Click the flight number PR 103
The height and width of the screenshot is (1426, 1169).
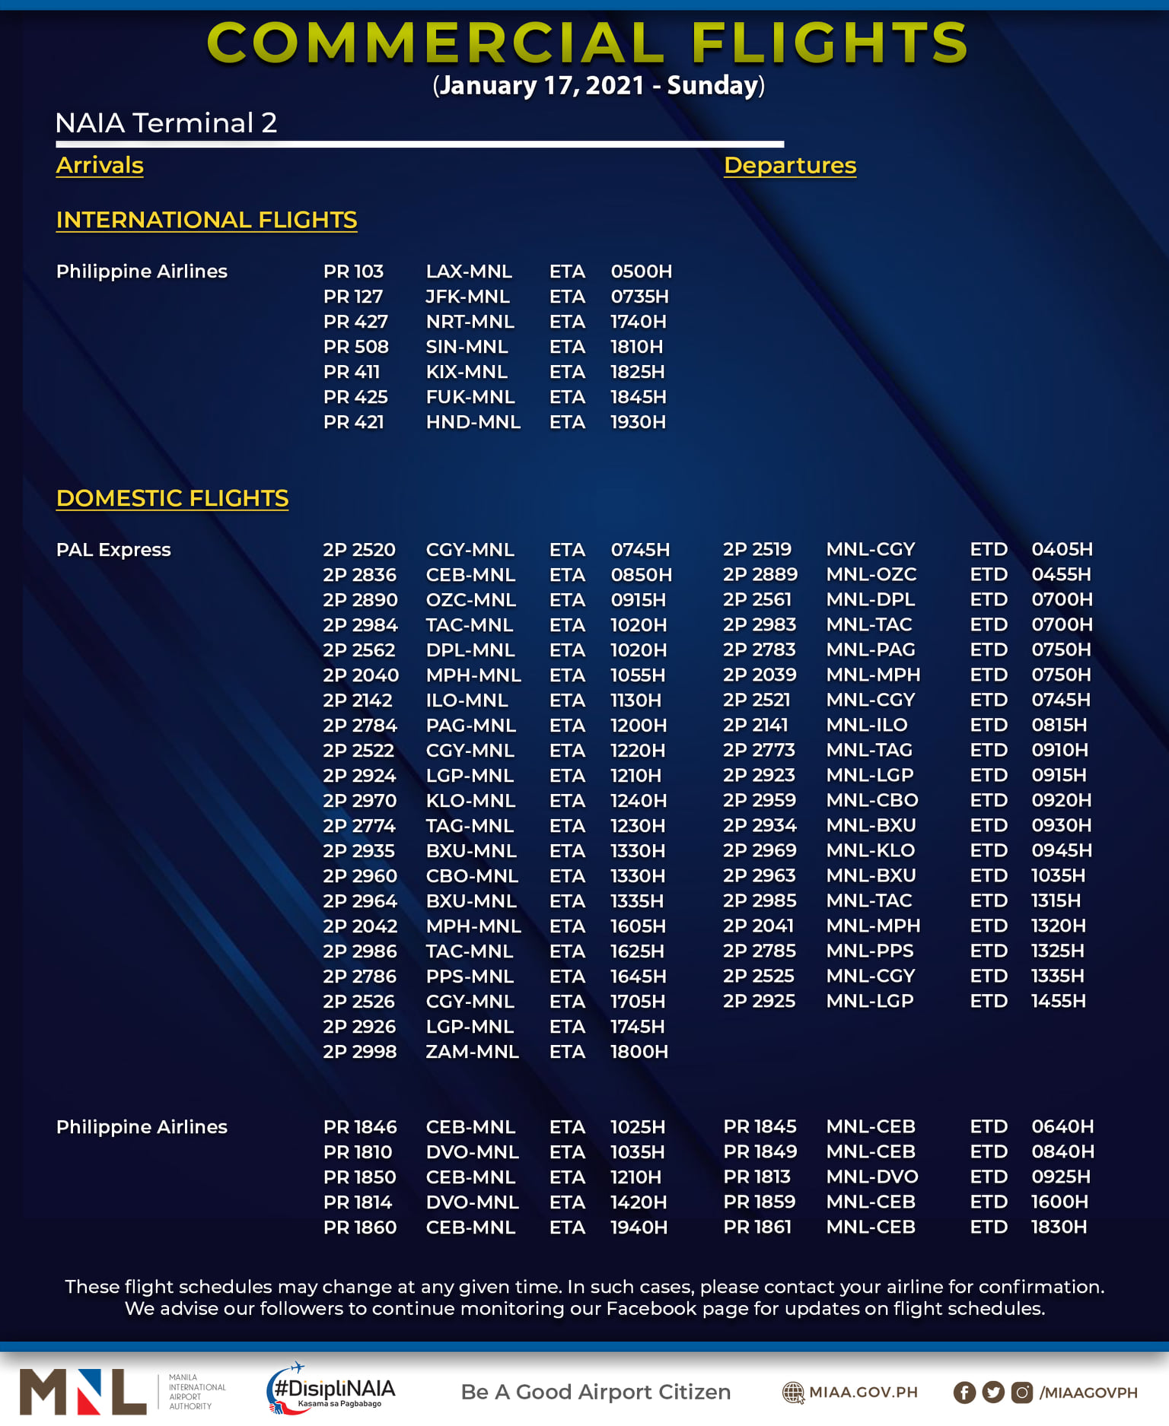pos(353,272)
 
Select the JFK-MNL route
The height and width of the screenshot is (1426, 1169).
pos(467,297)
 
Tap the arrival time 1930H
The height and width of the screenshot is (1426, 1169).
pos(638,422)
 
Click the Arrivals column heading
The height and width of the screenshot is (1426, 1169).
pos(100,166)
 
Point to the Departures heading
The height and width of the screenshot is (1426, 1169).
pos(790,166)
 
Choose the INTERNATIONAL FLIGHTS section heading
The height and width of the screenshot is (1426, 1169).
pos(206,220)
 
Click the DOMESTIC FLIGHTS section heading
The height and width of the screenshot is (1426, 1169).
pos(172,498)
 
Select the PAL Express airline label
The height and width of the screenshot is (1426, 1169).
pos(113,550)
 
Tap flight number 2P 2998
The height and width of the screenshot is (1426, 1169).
pos(359,1052)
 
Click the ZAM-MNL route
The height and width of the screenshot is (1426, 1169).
pos(472,1052)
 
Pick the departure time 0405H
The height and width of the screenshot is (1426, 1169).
pos(1062,549)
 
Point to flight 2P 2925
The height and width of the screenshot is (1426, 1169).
pos(759,1001)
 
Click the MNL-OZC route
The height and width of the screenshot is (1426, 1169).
pos(871,574)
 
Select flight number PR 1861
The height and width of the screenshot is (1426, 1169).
pos(757,1227)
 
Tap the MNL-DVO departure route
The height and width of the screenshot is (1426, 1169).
pos(872,1177)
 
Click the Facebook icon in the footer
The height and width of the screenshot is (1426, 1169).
pos(964,1393)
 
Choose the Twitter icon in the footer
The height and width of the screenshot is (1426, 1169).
pos(993,1393)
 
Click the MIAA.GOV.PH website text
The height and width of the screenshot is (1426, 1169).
pos(863,1393)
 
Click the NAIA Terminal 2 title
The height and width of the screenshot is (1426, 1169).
pos(166,123)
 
